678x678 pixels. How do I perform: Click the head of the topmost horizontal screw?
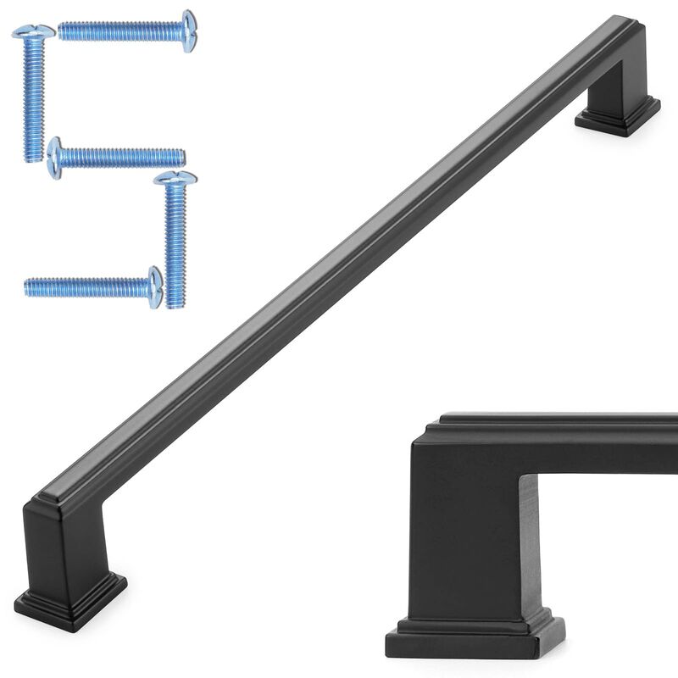(x=189, y=31)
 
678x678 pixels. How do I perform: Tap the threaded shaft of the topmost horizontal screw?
(x=119, y=31)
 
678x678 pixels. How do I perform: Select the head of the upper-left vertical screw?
(x=33, y=31)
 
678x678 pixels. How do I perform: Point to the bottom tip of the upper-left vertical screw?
(x=33, y=158)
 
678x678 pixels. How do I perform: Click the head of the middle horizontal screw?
(x=55, y=158)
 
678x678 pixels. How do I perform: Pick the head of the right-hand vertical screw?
(x=175, y=178)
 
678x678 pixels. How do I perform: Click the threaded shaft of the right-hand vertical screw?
(x=175, y=246)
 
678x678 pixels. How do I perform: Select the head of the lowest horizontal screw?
(x=154, y=287)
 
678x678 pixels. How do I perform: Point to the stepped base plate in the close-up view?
(x=475, y=640)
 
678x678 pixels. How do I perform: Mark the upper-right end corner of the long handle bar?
(x=634, y=20)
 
